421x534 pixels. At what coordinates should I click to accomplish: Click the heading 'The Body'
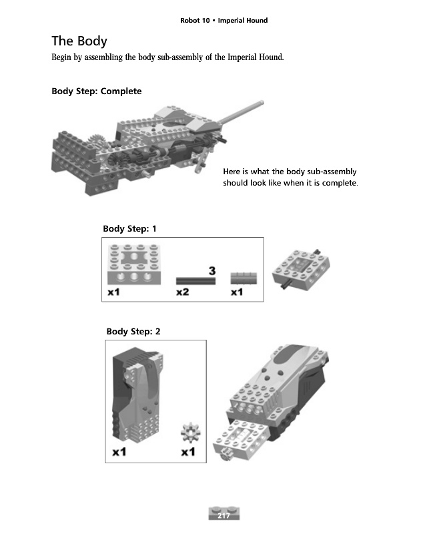79,41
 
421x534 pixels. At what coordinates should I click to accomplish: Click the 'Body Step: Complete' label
97,91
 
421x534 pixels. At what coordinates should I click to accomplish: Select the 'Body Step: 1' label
129,229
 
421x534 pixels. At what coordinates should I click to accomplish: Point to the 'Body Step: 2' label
133,331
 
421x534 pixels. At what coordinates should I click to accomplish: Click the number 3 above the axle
212,270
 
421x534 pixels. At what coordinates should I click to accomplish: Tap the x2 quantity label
182,292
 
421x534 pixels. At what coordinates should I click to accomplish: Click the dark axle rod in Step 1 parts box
195,280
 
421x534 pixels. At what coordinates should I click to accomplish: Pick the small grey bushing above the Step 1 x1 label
243,278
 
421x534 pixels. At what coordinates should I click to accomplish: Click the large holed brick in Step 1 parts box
135,268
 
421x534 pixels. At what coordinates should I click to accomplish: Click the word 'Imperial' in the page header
233,20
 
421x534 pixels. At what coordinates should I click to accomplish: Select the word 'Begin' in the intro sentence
63,58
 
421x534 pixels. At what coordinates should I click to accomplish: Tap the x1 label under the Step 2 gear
188,452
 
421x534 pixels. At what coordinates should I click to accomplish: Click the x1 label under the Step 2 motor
119,452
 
